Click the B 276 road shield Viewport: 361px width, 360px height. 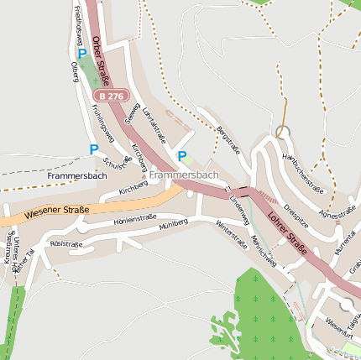[110, 97]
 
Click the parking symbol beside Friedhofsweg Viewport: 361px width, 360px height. [82, 53]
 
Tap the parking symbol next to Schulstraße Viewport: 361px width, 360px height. [94, 149]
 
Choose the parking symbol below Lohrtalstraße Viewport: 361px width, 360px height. [182, 155]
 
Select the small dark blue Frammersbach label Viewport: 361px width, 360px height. [77, 176]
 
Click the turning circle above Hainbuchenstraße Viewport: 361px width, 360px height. [282, 132]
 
